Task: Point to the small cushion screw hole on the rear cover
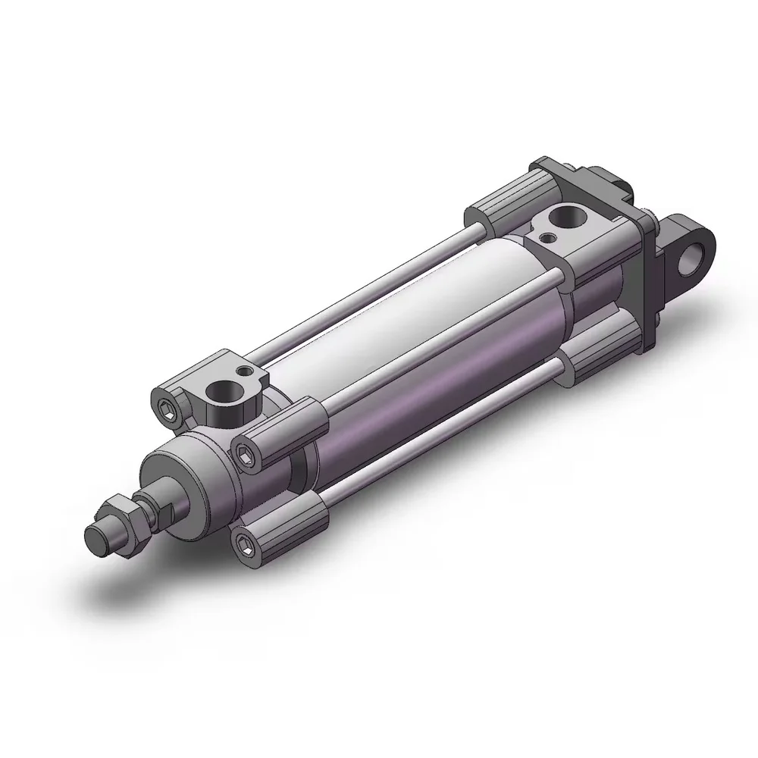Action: point(547,237)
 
